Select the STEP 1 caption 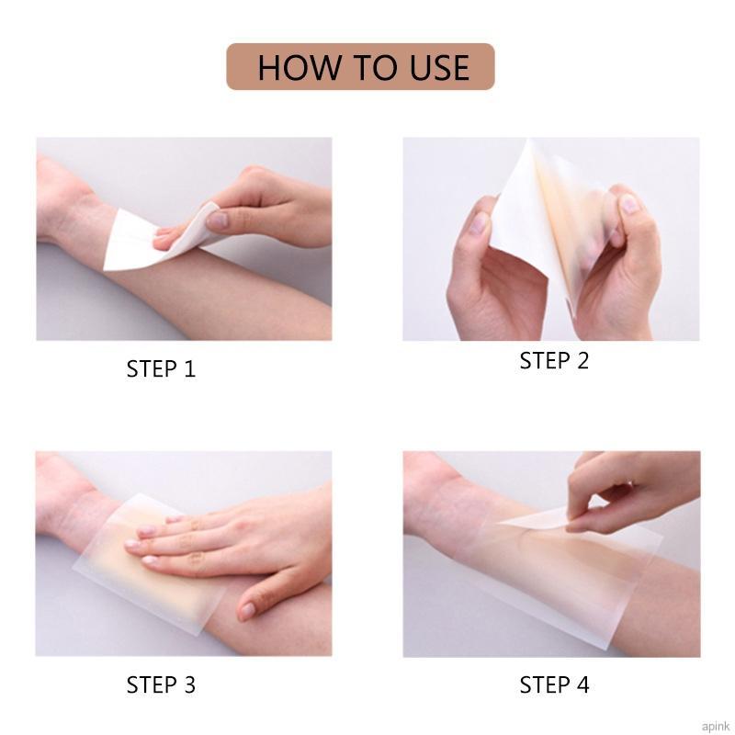pyautogui.click(x=161, y=369)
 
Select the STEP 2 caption pyautogui.click(x=554, y=361)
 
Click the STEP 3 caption pyautogui.click(x=161, y=684)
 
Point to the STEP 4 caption pyautogui.click(x=554, y=684)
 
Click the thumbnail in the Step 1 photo pyautogui.click(x=218, y=220)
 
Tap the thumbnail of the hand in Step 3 pyautogui.click(x=247, y=610)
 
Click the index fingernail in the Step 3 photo pyautogui.click(x=134, y=546)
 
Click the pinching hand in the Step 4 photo pyautogui.click(x=625, y=492)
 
